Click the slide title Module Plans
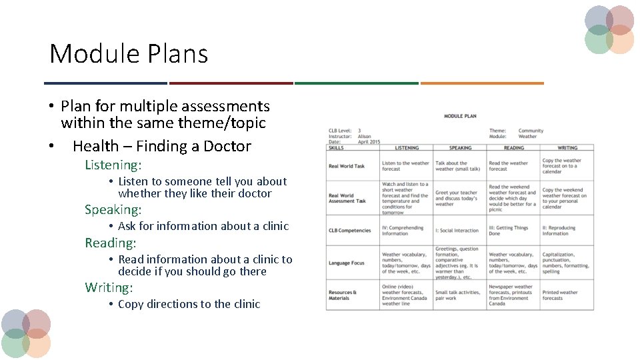[x=129, y=54]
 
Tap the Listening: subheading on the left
[x=113, y=165]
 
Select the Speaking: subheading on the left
[x=113, y=210]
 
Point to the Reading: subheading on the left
[x=110, y=243]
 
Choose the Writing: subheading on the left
[x=109, y=288]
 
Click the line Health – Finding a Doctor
[x=161, y=146]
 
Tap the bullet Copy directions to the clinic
[x=189, y=304]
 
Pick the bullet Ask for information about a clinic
[x=203, y=226]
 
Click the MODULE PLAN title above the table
[x=460, y=116]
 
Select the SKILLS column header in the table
[x=336, y=148]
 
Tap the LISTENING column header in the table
[x=407, y=148]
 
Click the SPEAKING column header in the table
[x=460, y=148]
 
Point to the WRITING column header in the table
[x=567, y=148]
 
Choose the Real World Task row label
[x=347, y=167]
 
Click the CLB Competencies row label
[x=349, y=231]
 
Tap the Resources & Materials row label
[x=343, y=295]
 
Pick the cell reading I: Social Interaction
[x=457, y=231]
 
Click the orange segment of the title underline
[x=481, y=83]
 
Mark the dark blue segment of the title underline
[x=105, y=83]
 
